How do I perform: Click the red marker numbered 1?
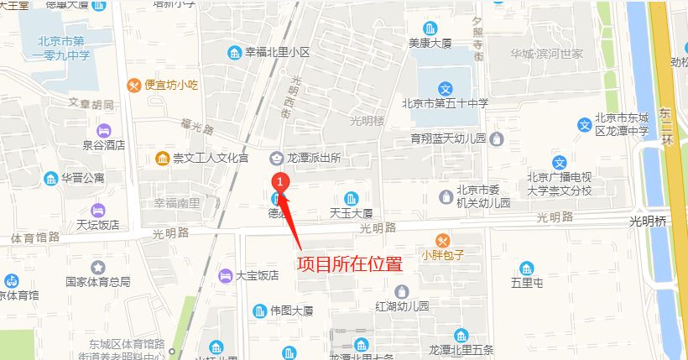[283, 180]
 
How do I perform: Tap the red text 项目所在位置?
[349, 263]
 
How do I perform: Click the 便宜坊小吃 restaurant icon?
[133, 85]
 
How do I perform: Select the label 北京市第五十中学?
[445, 104]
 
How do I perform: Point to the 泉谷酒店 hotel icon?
[104, 130]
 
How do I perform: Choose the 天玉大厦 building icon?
[351, 198]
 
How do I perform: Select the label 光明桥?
[648, 222]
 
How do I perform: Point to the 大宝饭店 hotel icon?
[224, 275]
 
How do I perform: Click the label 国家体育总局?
[98, 282]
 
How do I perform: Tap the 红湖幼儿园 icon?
[402, 291]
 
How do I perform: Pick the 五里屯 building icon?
[526, 269]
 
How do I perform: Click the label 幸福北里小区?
[277, 53]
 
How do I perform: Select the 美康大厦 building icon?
[430, 28]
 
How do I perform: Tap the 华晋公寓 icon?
[50, 178]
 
